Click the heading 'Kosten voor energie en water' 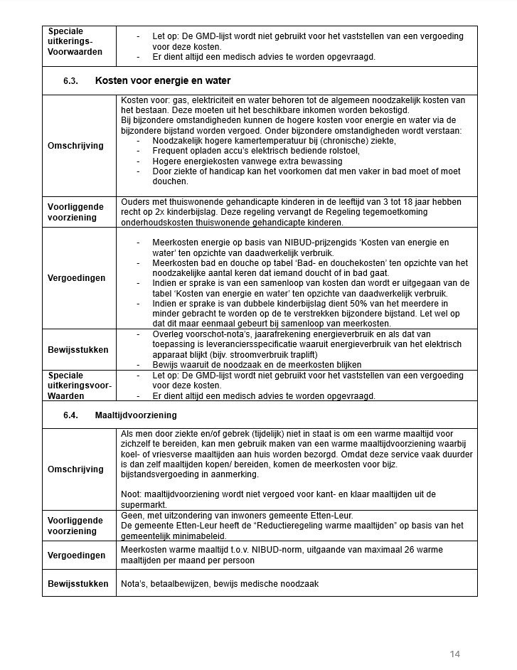(163, 81)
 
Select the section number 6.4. (69, 415)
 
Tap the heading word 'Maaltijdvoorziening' (136, 415)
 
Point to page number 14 (455, 654)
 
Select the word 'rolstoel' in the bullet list (343, 151)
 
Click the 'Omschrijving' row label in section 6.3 (75, 146)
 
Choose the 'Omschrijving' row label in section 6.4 (75, 469)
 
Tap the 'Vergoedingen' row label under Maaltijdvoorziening (76, 555)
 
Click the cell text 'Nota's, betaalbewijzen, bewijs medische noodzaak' (220, 584)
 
